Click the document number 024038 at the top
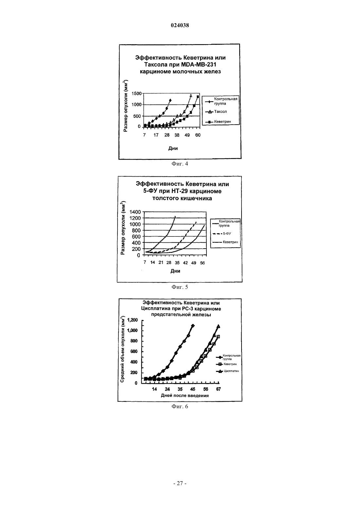[x=180, y=25]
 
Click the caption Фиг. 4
[x=180, y=164]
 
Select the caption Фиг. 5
[x=180, y=287]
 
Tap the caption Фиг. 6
[x=180, y=406]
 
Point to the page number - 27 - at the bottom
[x=180, y=483]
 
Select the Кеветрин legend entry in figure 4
[x=218, y=122]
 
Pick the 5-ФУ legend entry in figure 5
[x=222, y=234]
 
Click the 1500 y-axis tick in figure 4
[x=136, y=93]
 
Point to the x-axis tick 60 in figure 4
[x=198, y=135]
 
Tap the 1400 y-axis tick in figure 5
[x=135, y=212]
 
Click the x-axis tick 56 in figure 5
[x=202, y=263]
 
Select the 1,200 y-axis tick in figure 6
[x=133, y=320]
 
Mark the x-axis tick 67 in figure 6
[x=218, y=389]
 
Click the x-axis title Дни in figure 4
[x=173, y=149]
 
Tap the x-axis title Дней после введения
[x=185, y=395]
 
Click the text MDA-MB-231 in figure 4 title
[x=198, y=64]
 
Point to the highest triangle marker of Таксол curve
[x=191, y=96]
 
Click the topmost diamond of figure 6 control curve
[x=193, y=325]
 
